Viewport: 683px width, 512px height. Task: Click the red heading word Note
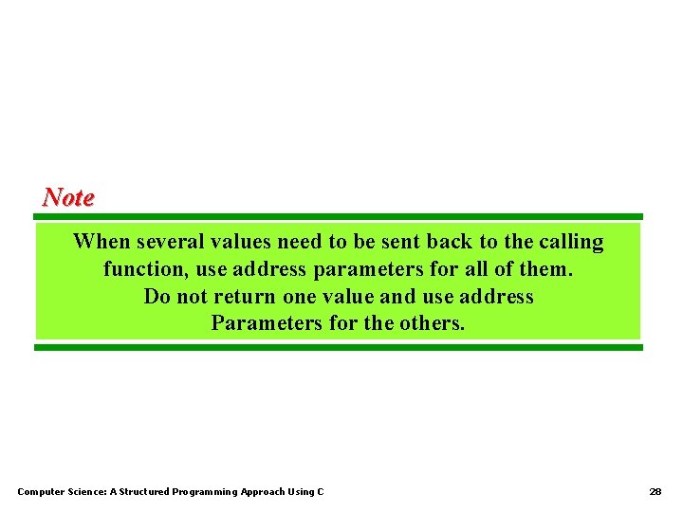tap(68, 197)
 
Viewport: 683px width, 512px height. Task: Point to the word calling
tap(572, 242)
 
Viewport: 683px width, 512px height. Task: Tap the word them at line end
tap(545, 269)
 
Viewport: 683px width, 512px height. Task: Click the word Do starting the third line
tap(157, 297)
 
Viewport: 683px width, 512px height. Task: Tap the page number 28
tap(655, 492)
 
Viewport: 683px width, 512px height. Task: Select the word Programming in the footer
tap(205, 492)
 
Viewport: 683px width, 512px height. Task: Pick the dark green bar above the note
tap(339, 217)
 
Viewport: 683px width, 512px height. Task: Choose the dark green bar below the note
tap(339, 348)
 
